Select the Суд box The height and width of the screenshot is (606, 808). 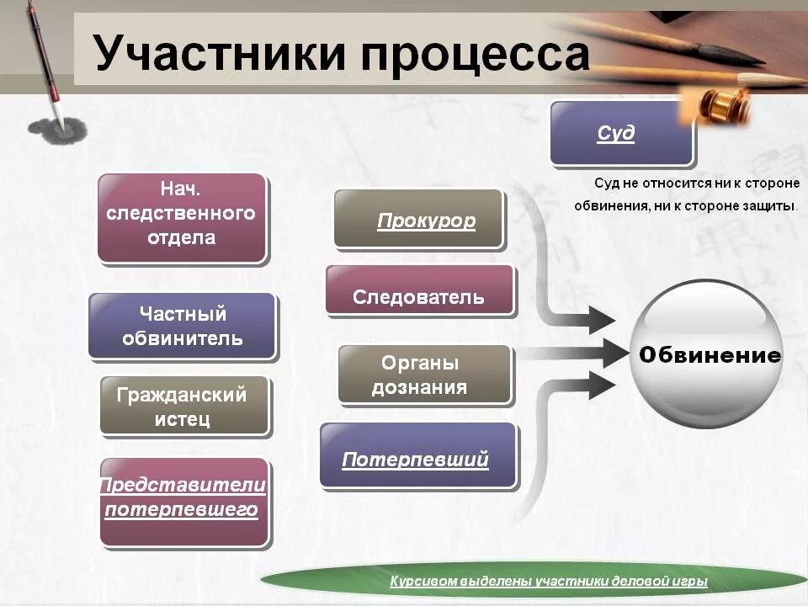tap(621, 133)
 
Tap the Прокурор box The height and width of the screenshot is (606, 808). tap(418, 219)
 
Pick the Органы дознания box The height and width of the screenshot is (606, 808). tap(424, 375)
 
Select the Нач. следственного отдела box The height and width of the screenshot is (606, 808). tap(182, 217)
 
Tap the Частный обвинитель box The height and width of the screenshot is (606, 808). tap(182, 327)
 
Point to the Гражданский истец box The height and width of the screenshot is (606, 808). tap(184, 406)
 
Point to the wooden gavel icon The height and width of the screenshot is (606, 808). tap(720, 104)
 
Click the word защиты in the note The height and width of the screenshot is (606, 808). tap(769, 205)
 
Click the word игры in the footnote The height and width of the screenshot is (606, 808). tap(691, 582)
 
